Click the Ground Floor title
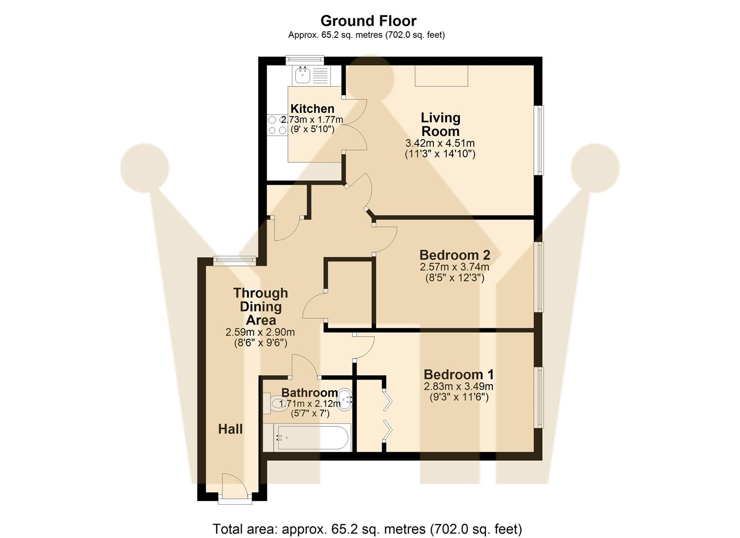(x=368, y=21)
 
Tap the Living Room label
(x=440, y=125)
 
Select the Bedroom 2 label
(x=454, y=255)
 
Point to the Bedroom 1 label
(x=458, y=375)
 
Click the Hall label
(x=230, y=429)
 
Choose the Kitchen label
(x=312, y=109)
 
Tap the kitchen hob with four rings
(x=277, y=125)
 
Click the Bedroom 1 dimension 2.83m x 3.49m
(x=458, y=387)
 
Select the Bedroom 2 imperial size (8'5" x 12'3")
(x=454, y=278)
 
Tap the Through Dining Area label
(x=261, y=306)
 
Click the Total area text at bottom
(x=367, y=529)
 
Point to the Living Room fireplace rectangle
(x=442, y=76)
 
